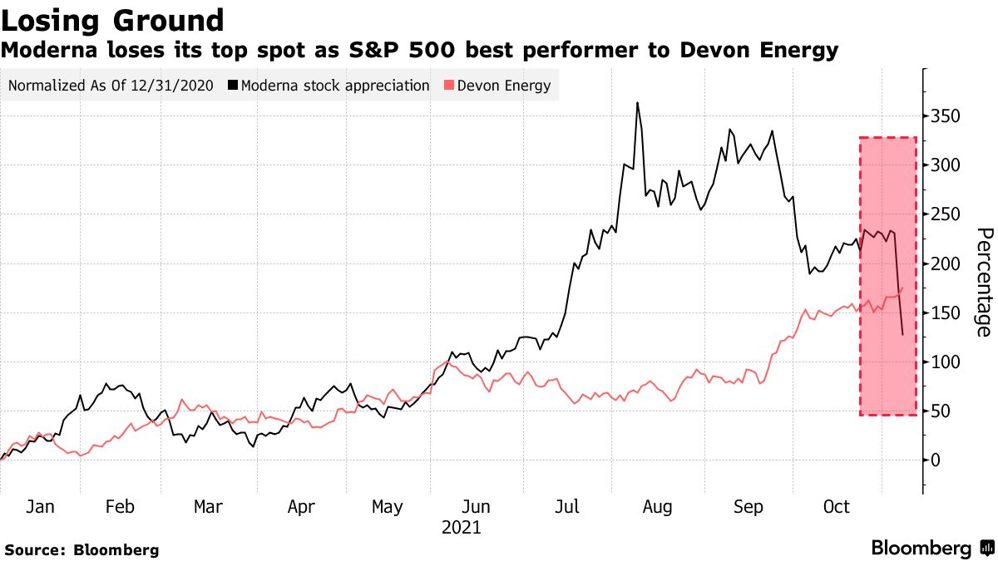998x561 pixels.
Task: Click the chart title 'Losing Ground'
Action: coord(112,20)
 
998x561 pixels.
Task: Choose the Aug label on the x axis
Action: coord(657,506)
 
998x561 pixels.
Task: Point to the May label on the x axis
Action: coord(387,506)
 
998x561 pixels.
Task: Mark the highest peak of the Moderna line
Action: coord(637,103)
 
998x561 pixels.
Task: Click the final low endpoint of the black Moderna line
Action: coord(902,335)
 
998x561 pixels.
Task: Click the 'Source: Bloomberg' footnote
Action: coord(82,549)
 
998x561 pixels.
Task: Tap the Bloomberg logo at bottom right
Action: coord(931,549)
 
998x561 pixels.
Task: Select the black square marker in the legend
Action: coord(234,85)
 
